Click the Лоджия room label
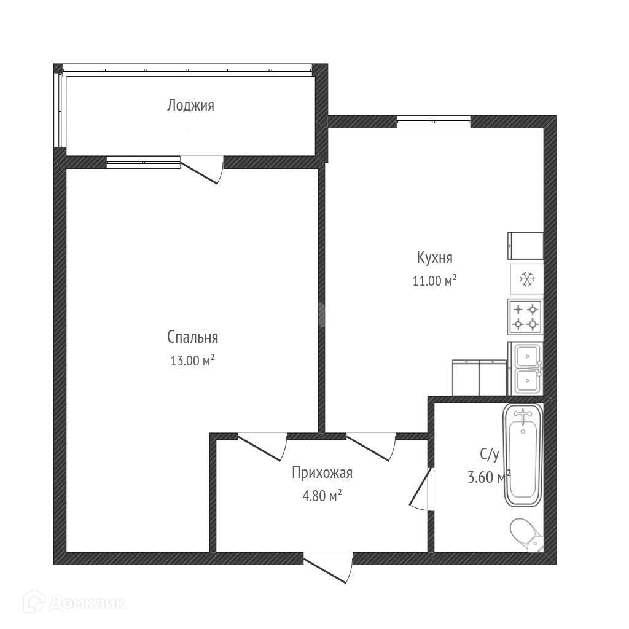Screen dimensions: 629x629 coord(190,106)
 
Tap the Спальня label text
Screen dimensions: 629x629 coord(192,337)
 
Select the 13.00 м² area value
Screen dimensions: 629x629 coord(192,360)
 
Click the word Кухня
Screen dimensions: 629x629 coord(435,258)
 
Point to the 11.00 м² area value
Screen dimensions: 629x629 coord(435,280)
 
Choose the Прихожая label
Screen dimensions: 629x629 coord(322,473)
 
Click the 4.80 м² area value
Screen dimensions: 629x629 coord(322,496)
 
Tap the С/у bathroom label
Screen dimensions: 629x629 coord(490,455)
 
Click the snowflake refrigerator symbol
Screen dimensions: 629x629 coord(526,279)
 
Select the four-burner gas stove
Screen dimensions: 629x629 coord(526,316)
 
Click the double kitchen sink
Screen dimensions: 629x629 coord(526,369)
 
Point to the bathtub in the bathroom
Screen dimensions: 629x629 coord(523,455)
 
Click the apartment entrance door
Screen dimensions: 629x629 coord(328,567)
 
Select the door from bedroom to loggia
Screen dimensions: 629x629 coord(201,170)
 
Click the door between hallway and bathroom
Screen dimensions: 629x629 coord(421,488)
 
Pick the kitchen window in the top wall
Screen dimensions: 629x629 coord(433,122)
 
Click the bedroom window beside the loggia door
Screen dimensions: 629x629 coord(143,162)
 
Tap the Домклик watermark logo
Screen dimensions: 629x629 coord(74,602)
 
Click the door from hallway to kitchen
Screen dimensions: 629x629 coord(371,447)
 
